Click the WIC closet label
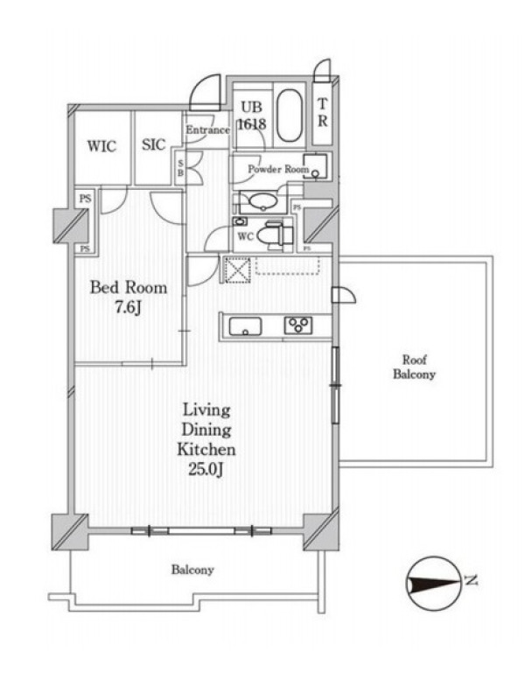pos(101,146)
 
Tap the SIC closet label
pos(154,144)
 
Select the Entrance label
pos(207,129)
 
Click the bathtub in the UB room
pos(290,115)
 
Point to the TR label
pos(322,113)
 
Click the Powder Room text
pos(278,169)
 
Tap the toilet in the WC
pos(274,234)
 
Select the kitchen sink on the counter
pos(245,325)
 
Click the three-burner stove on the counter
pos(298,325)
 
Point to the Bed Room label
pos(129,287)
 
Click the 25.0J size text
pos(206,469)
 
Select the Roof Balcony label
pos(414,367)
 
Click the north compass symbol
pos(433,583)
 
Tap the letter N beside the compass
pos(471,580)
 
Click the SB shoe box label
pos(180,168)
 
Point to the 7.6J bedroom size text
pos(129,308)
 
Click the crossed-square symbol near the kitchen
pos(237,269)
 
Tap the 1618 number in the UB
pos(251,123)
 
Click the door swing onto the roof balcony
pos(344,295)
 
